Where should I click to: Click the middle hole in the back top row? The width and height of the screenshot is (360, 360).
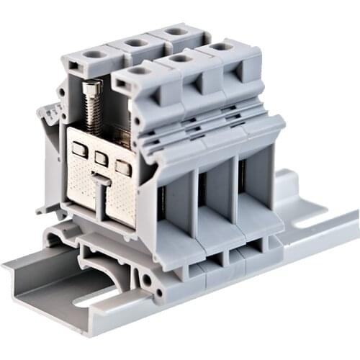[135, 42]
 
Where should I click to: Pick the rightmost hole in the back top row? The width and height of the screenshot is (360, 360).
[176, 32]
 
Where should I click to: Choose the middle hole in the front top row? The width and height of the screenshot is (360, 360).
[180, 58]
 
